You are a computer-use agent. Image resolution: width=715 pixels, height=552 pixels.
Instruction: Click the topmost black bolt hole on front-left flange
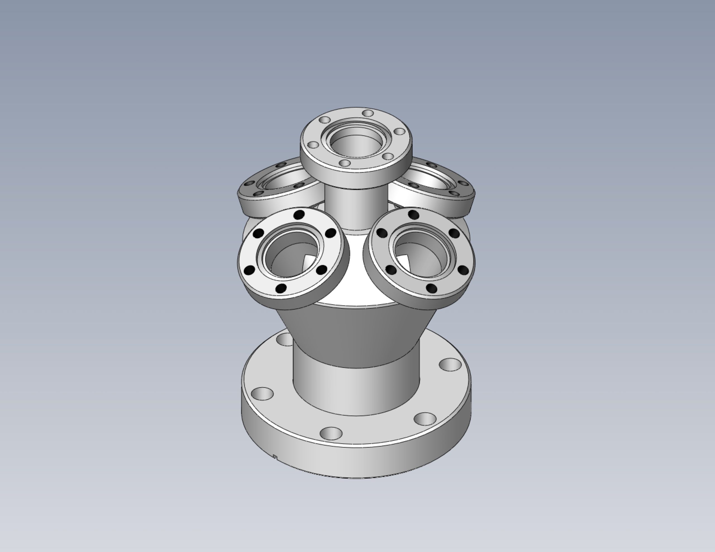tap(299, 215)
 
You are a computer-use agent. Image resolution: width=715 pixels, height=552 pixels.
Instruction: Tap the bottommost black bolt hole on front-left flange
tap(281, 288)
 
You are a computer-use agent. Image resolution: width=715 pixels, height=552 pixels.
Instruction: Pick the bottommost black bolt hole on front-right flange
tap(432, 288)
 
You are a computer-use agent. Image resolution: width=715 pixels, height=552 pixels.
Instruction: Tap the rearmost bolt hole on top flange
tap(368, 113)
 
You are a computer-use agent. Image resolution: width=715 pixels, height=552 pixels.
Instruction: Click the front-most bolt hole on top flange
tap(345, 163)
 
